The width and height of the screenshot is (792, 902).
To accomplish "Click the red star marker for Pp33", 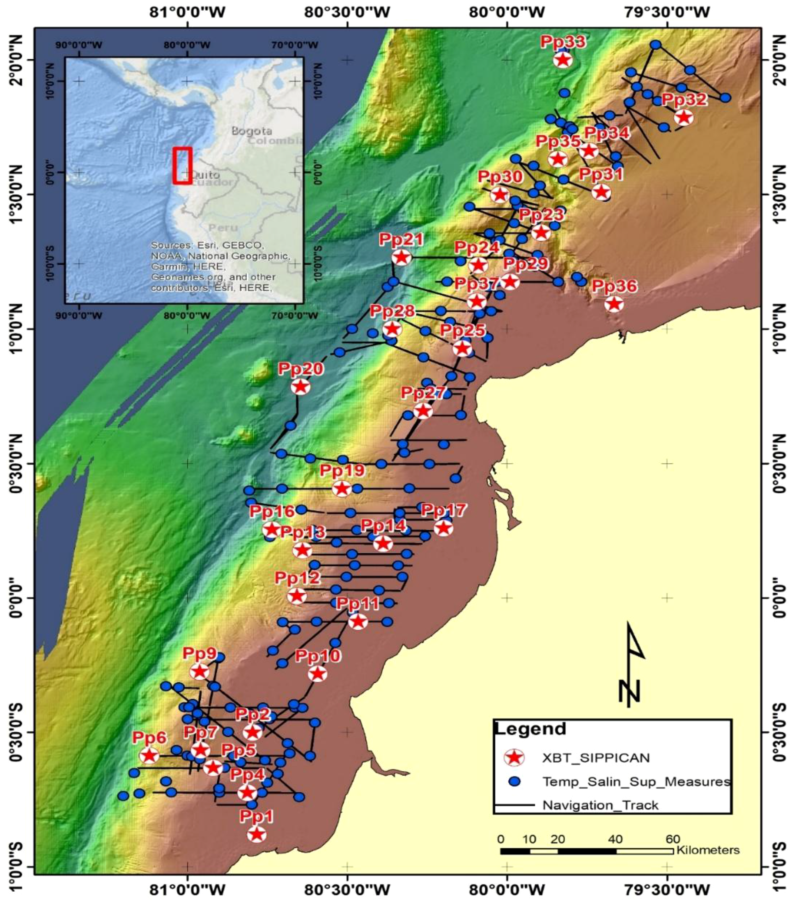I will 562,60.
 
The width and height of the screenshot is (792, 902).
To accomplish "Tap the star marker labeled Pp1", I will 257,834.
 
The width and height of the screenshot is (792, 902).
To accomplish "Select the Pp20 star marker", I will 301,387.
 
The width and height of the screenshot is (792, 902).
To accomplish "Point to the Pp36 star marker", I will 614,304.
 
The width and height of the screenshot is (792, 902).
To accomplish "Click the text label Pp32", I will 684,99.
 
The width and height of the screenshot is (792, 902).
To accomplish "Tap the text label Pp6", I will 149,736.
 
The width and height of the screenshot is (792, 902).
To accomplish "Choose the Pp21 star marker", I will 401,257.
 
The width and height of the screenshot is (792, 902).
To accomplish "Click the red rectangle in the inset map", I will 182,166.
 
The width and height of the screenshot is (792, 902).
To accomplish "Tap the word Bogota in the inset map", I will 252,131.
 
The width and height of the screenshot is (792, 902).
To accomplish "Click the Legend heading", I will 530,728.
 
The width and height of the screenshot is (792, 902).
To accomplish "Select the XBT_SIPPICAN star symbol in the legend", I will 514,757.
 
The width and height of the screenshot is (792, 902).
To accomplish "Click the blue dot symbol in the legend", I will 514,782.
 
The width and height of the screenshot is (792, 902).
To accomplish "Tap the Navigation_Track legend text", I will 600,805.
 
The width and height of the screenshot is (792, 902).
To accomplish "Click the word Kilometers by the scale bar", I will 707,849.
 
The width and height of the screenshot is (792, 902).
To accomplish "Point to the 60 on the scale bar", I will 673,838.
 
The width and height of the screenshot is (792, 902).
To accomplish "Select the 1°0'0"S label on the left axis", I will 18,867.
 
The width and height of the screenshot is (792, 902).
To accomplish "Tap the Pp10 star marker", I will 317,673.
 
